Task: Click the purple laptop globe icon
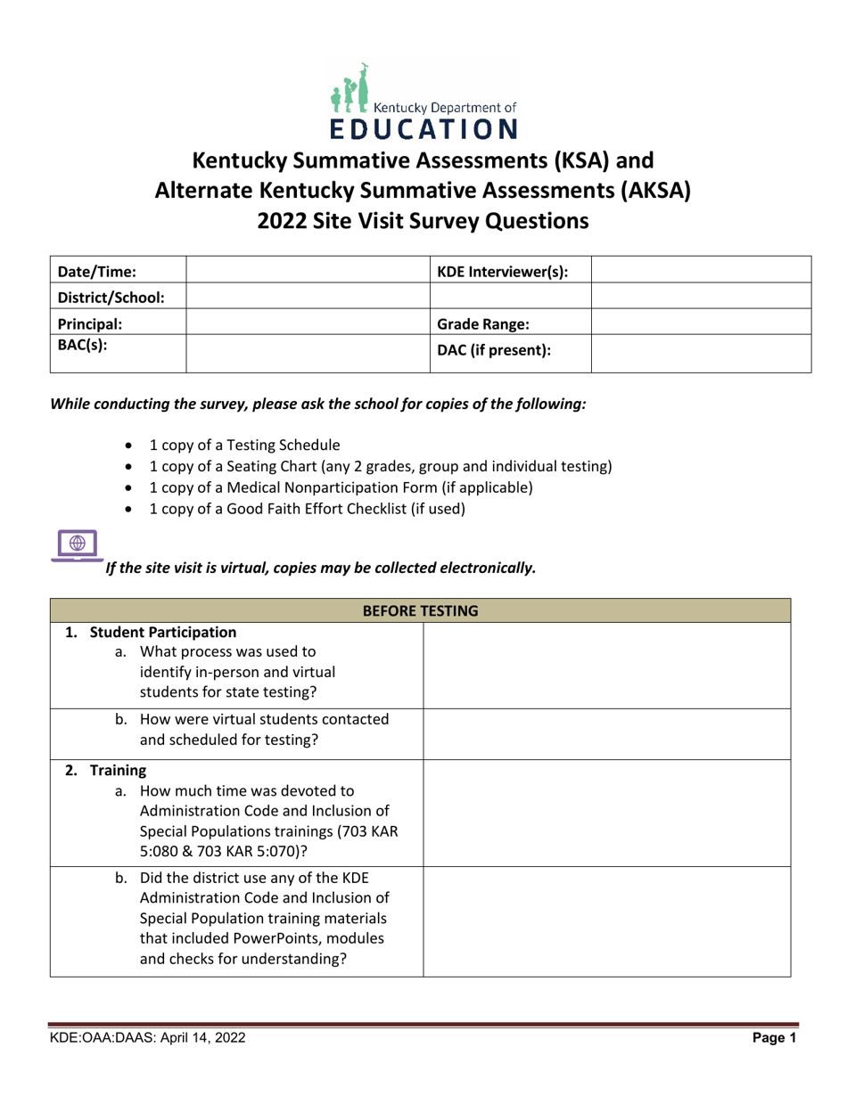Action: [x=76, y=544]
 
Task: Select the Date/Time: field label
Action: [x=96, y=270]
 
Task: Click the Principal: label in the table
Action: [x=90, y=322]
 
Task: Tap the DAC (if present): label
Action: [x=492, y=351]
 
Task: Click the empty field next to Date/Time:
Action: [x=307, y=270]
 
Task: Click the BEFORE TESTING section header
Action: [x=422, y=610]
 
